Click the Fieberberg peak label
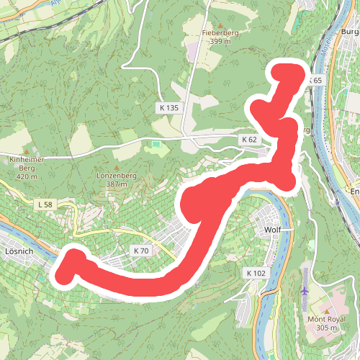click(220, 32)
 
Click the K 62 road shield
click(249, 139)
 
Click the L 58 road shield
click(45, 205)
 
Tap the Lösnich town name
click(19, 253)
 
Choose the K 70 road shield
click(140, 251)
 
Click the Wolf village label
click(273, 231)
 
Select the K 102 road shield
click(256, 273)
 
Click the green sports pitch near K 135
click(157, 146)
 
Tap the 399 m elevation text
click(220, 42)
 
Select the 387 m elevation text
click(116, 184)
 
